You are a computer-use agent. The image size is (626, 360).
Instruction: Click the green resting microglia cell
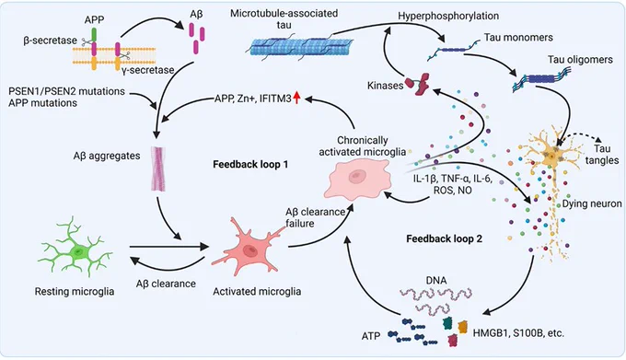pyautogui.click(x=75, y=250)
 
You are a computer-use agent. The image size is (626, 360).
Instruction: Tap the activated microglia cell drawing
pyautogui.click(x=249, y=250)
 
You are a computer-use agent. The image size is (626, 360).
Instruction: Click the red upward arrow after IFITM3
pyautogui.click(x=296, y=98)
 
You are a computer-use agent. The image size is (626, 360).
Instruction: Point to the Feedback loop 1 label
pyautogui.click(x=250, y=165)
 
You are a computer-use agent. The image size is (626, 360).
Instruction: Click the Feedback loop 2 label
pyautogui.click(x=444, y=238)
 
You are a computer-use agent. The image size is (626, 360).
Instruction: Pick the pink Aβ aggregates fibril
pyautogui.click(x=158, y=168)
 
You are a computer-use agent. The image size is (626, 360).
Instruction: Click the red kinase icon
pyautogui.click(x=418, y=84)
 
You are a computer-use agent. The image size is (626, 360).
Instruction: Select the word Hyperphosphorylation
pyautogui.click(x=448, y=16)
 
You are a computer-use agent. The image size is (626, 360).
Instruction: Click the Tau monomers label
pyautogui.click(x=518, y=38)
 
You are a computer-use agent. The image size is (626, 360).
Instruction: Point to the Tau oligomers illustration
pyautogui.click(x=539, y=80)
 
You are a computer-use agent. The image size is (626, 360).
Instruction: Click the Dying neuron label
pyautogui.click(x=592, y=204)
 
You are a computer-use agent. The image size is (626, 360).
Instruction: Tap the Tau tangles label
pyautogui.click(x=602, y=155)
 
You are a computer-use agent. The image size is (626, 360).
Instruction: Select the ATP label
pyautogui.click(x=370, y=336)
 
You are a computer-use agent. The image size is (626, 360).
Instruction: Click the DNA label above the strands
pyautogui.click(x=436, y=281)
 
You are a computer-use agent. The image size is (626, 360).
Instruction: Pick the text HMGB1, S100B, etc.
pyautogui.click(x=518, y=333)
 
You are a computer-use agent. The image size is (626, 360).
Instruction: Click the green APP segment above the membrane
pyautogui.click(x=94, y=35)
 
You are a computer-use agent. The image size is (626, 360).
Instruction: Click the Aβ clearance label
pyautogui.click(x=166, y=284)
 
